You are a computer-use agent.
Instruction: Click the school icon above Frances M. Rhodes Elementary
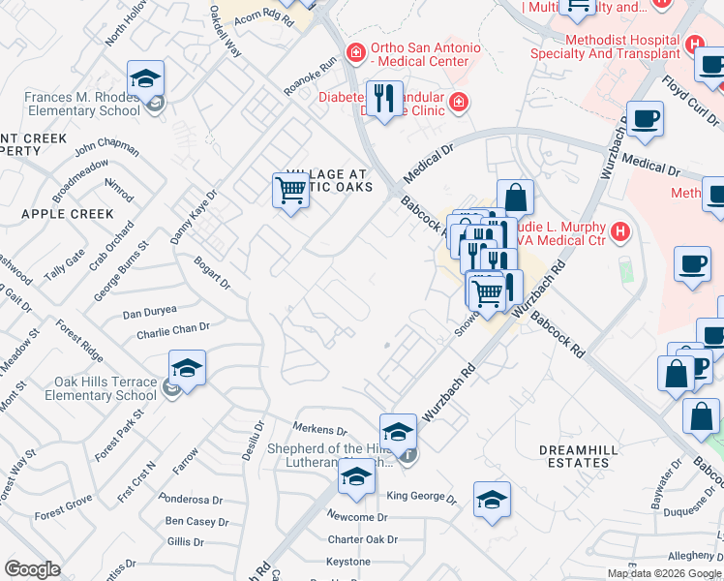coord(146,78)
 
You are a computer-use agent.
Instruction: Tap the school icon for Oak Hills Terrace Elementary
coord(187,368)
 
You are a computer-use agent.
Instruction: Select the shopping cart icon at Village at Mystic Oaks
coord(290,191)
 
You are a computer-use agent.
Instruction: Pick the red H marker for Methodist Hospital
coord(694,45)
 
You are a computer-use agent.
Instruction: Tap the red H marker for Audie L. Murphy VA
coord(620,232)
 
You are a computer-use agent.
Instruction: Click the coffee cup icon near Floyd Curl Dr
coord(646,119)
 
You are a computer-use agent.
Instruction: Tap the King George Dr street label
coord(421,498)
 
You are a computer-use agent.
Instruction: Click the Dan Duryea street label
coord(150,313)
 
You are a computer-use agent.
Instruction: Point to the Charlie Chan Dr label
coord(173,330)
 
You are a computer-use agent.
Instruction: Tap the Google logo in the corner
coord(32,568)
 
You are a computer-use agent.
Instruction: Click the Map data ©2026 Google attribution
coord(664,573)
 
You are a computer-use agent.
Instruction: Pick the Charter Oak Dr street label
coord(362,539)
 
